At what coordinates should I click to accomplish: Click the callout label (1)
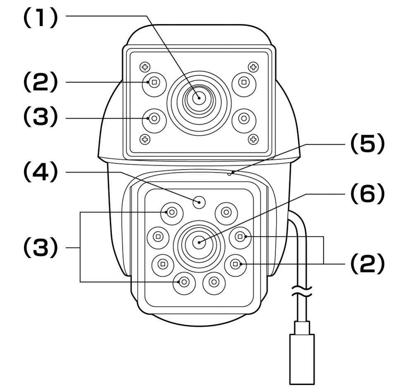[40, 17]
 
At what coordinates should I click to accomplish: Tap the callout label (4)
[40, 172]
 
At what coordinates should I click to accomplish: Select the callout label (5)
[367, 144]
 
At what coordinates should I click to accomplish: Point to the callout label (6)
[367, 194]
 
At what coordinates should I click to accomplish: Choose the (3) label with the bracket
[40, 248]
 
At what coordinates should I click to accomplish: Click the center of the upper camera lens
[199, 98]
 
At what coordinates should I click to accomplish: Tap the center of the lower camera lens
[199, 242]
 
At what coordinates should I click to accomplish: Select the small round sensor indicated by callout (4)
[199, 201]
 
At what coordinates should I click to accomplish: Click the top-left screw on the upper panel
[145, 67]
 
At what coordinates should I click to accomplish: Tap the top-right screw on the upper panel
[253, 67]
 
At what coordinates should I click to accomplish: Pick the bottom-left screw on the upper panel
[145, 139]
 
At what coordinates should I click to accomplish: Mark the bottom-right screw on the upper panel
[253, 139]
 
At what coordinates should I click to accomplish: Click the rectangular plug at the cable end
[302, 359]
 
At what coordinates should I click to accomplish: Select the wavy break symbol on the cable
[302, 291]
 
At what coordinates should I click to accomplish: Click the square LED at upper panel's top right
[244, 82]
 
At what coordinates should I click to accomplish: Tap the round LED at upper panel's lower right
[244, 118]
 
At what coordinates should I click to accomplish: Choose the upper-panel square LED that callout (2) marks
[155, 82]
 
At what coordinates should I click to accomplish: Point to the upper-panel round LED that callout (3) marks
[155, 118]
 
